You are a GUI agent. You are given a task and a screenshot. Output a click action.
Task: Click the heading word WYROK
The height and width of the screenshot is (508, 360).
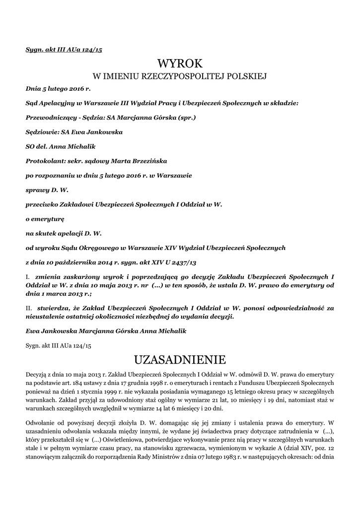(180, 63)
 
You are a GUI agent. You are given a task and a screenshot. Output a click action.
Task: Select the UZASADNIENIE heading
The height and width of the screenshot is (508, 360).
(180, 358)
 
